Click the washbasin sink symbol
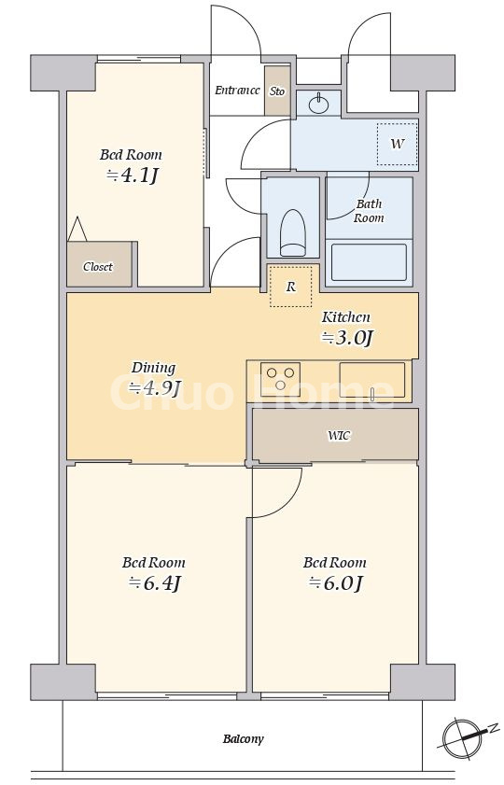[318, 104]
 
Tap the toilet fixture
[293, 232]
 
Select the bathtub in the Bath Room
[369, 262]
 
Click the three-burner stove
[280, 379]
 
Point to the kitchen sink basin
[371, 380]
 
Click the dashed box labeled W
[398, 144]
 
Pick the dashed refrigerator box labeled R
[291, 287]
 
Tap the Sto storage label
[277, 91]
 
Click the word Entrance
[237, 91]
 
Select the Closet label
[98, 267]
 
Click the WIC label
[339, 436]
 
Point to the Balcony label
[244, 739]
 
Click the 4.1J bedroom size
[133, 175]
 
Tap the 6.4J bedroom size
[154, 583]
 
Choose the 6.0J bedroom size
[335, 583]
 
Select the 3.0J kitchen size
[347, 338]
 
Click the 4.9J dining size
[154, 388]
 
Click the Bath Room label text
[370, 211]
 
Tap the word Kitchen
[346, 317]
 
